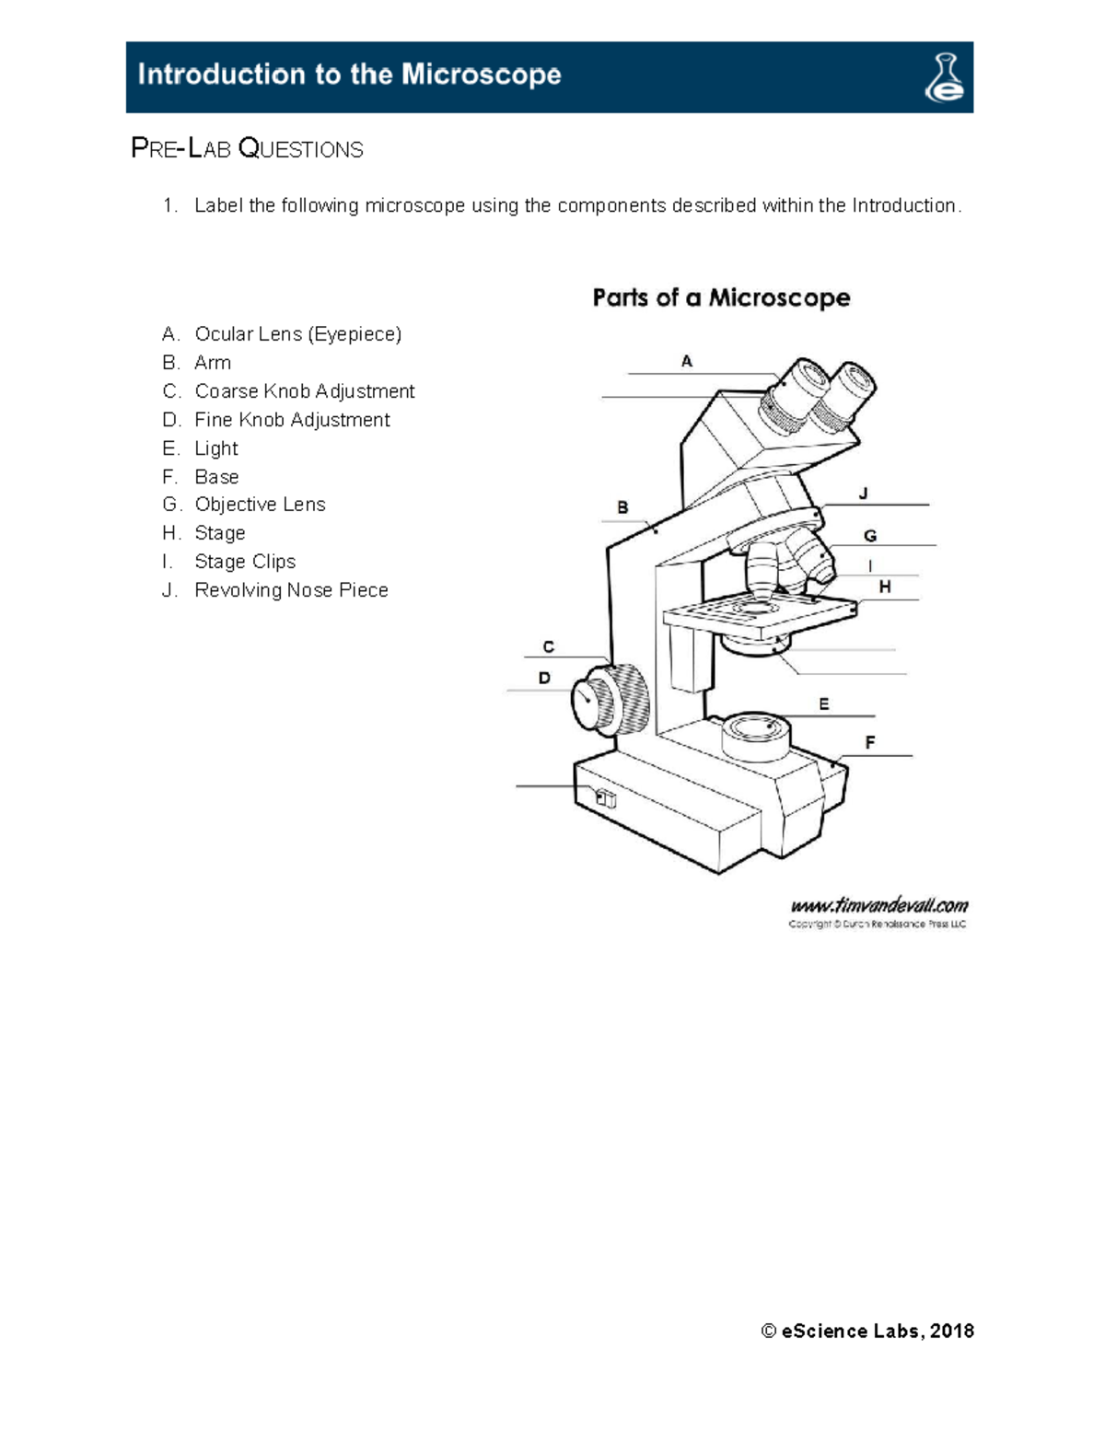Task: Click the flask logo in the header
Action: (x=945, y=77)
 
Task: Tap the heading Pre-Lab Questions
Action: (x=247, y=148)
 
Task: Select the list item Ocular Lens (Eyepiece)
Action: (x=297, y=333)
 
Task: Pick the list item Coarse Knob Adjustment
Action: (x=304, y=391)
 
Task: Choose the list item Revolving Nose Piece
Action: (x=291, y=590)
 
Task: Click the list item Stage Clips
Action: (x=245, y=562)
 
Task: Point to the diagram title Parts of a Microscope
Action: (x=721, y=297)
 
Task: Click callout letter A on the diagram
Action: (x=687, y=362)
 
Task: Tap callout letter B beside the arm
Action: (x=623, y=507)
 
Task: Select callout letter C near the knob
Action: (x=549, y=647)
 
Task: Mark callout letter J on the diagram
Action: (x=864, y=494)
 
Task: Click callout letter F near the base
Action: (x=870, y=742)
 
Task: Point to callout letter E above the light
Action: (x=824, y=704)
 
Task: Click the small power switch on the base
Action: (x=605, y=798)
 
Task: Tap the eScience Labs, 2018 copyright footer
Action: (x=867, y=1331)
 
